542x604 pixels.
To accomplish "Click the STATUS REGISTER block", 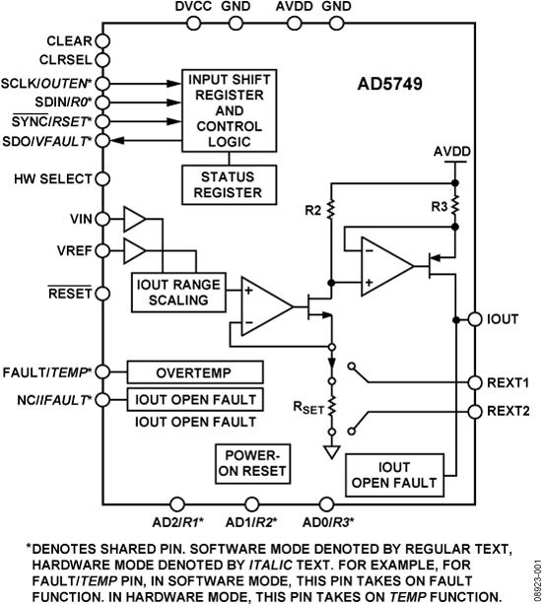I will click(x=229, y=182).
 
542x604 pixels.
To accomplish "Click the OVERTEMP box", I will click(x=195, y=372).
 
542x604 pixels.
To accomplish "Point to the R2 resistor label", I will click(x=312, y=209).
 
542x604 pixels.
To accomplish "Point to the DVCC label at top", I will click(x=193, y=8).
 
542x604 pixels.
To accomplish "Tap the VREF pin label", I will click(x=72, y=250).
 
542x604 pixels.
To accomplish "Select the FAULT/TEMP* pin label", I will click(x=47, y=372).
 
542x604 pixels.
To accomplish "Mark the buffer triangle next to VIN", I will click(x=134, y=219).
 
